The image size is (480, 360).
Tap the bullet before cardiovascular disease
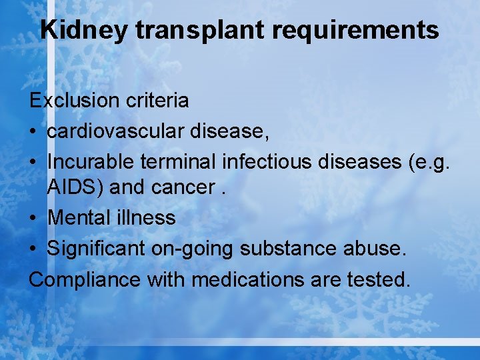click(34, 132)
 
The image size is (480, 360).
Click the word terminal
click(179, 161)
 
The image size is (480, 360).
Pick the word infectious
click(265, 161)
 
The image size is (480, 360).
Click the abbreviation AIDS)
click(75, 187)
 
